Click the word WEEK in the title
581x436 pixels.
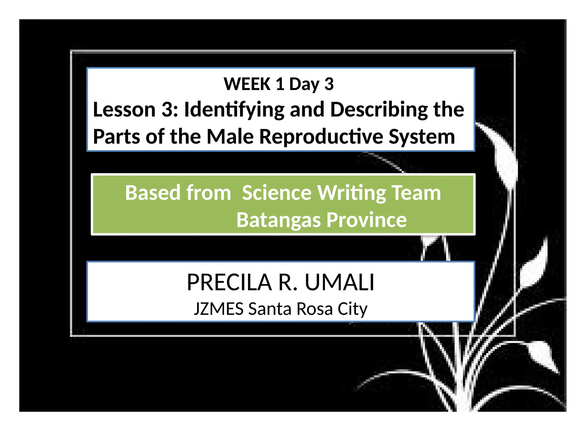247,84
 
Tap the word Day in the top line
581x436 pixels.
304,84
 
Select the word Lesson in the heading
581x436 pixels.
124,110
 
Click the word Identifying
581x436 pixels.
234,110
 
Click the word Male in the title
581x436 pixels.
230,137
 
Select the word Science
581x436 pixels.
277,193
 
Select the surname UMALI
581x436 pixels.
340,282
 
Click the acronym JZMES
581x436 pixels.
218,309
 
